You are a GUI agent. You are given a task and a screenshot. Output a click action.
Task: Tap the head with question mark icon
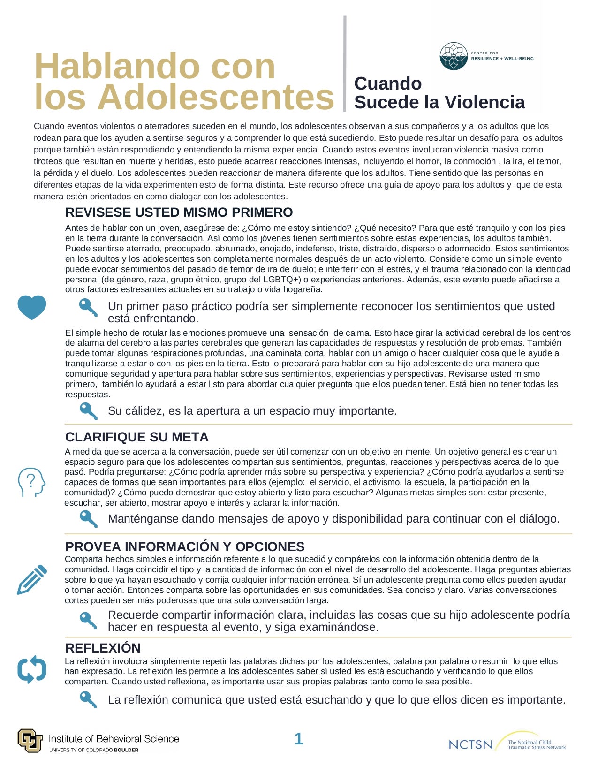(31, 482)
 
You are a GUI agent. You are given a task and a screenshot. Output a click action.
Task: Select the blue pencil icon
(32, 580)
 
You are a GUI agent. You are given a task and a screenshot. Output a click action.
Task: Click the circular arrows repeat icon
(32, 669)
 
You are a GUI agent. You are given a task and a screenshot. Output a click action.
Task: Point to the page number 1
(298, 739)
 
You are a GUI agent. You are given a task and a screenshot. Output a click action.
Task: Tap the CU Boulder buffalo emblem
(30, 741)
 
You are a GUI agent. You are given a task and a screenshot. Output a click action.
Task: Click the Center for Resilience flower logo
(454, 56)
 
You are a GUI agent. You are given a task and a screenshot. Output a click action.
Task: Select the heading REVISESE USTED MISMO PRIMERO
(179, 212)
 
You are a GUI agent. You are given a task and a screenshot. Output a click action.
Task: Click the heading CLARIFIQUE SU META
(136, 437)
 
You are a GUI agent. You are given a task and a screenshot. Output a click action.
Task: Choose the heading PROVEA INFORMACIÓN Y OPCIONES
(185, 546)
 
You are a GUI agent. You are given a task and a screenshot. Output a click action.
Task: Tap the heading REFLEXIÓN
(103, 648)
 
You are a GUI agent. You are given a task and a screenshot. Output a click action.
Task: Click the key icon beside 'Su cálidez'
(88, 410)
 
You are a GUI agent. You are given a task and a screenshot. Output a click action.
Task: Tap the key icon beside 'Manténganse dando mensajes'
(88, 518)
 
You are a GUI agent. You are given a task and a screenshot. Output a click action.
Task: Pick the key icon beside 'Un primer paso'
(88, 307)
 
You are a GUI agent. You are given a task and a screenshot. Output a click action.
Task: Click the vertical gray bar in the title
(345, 64)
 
